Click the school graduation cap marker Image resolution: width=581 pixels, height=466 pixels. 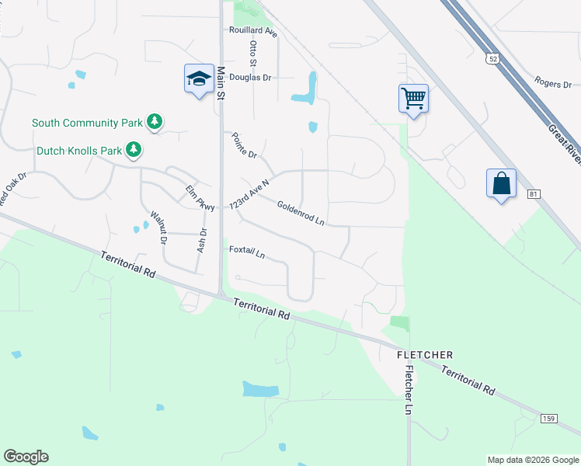(199, 78)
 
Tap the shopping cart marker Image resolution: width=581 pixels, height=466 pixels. (413, 98)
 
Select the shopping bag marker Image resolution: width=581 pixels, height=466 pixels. (501, 183)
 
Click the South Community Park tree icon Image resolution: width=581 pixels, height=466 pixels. (155, 122)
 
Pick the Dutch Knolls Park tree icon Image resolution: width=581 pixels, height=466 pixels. (134, 149)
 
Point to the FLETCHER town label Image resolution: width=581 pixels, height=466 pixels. (425, 354)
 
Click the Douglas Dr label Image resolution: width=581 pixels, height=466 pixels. (252, 78)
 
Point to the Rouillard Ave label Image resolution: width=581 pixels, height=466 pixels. (253, 31)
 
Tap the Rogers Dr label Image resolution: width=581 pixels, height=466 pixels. (553, 83)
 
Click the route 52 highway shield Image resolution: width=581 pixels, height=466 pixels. (492, 58)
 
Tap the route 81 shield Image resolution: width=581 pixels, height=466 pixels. (533, 193)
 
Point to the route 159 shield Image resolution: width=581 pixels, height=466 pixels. (548, 419)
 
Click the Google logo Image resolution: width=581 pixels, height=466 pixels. (26, 457)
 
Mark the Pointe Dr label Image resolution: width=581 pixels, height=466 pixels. (244, 145)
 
